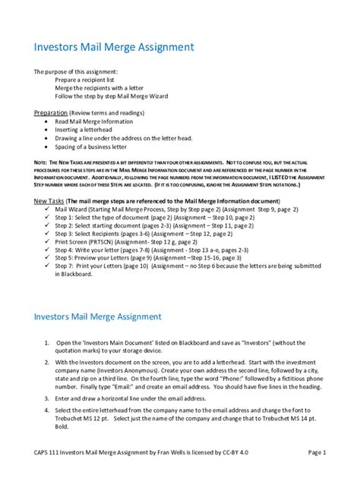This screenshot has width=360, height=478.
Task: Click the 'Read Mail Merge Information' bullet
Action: [101, 120]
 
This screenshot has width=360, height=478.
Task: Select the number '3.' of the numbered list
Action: [46, 398]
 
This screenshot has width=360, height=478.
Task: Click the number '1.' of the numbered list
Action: [46, 343]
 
